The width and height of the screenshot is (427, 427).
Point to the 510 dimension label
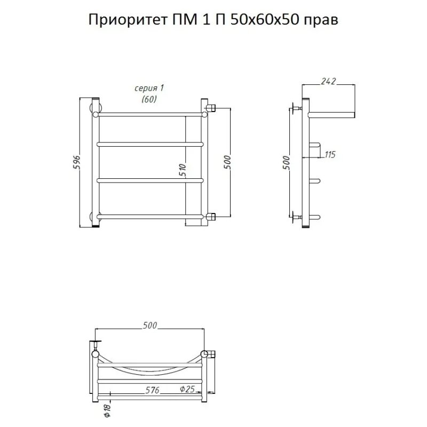pos(183,171)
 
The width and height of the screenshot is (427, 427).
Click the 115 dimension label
pos(330,155)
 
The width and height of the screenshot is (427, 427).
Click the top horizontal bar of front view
pos(149,114)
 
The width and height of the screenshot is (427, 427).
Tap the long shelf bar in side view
pos(332,114)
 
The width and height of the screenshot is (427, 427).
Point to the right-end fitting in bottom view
pos(209,353)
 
